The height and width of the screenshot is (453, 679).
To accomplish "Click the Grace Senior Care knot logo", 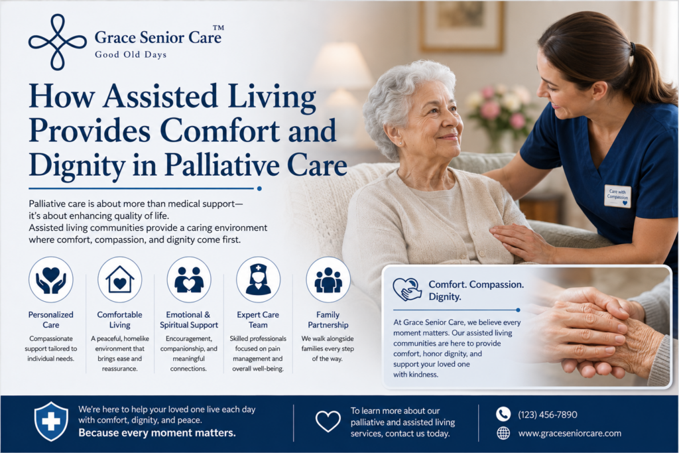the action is pos(58,42).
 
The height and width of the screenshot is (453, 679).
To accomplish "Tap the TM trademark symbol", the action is pos(218,28).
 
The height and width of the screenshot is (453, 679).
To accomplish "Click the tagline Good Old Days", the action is pos(131,54).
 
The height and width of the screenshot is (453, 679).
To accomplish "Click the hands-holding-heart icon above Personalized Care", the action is pos(50,279).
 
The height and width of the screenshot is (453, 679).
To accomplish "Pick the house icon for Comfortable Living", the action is pos(119,279).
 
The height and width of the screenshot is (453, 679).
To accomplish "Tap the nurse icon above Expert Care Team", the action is pos(258,279).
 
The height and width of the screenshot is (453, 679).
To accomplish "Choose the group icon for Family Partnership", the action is pos(328,279).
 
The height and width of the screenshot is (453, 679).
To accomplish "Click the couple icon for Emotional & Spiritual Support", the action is pos(189,279).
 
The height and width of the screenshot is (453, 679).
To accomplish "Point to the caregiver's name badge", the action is pos(617,196).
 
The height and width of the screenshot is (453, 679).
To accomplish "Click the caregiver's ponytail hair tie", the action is pos(633,48).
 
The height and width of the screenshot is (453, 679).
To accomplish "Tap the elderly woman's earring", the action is pos(400,143).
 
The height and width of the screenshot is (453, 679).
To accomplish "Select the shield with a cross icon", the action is pos(51,421).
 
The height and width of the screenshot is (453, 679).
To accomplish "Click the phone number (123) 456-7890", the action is pos(547,415).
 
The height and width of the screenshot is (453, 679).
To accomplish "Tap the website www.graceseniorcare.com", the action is pos(570,433).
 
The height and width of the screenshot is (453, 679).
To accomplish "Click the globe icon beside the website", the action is pos(503,433).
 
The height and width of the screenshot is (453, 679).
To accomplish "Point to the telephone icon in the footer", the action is pos(503,414).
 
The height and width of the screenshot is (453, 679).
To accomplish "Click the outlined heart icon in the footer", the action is pos(328,421).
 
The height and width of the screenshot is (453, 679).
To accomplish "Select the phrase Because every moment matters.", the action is pos(157,432).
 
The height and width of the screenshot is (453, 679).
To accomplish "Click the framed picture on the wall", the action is pos(462,26).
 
